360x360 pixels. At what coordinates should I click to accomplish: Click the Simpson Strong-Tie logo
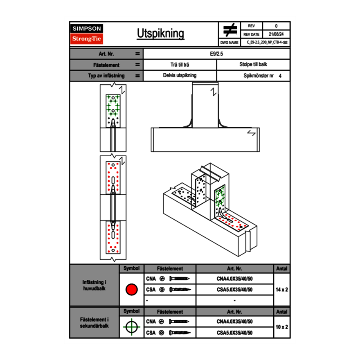(x=87, y=34)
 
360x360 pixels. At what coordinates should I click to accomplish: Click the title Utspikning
(x=160, y=34)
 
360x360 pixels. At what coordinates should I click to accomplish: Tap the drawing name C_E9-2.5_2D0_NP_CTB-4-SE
(x=267, y=42)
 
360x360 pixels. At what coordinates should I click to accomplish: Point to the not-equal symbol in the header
(x=230, y=30)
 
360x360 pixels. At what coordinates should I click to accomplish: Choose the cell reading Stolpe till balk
(x=253, y=65)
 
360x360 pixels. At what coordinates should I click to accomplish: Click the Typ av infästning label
(x=106, y=76)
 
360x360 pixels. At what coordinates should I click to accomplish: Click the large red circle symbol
(x=131, y=290)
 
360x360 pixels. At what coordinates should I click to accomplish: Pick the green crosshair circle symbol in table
(x=131, y=327)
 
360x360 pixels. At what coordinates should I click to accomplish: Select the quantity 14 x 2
(x=281, y=290)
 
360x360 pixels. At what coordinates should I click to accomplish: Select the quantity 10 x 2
(x=281, y=327)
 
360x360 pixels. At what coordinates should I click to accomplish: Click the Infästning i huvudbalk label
(x=94, y=286)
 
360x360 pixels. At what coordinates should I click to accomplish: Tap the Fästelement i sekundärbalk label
(x=94, y=323)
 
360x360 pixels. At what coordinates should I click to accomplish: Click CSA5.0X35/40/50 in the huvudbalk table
(x=234, y=290)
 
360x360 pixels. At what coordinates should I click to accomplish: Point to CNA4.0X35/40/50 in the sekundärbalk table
(x=234, y=322)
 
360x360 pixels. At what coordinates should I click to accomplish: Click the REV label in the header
(x=251, y=26)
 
